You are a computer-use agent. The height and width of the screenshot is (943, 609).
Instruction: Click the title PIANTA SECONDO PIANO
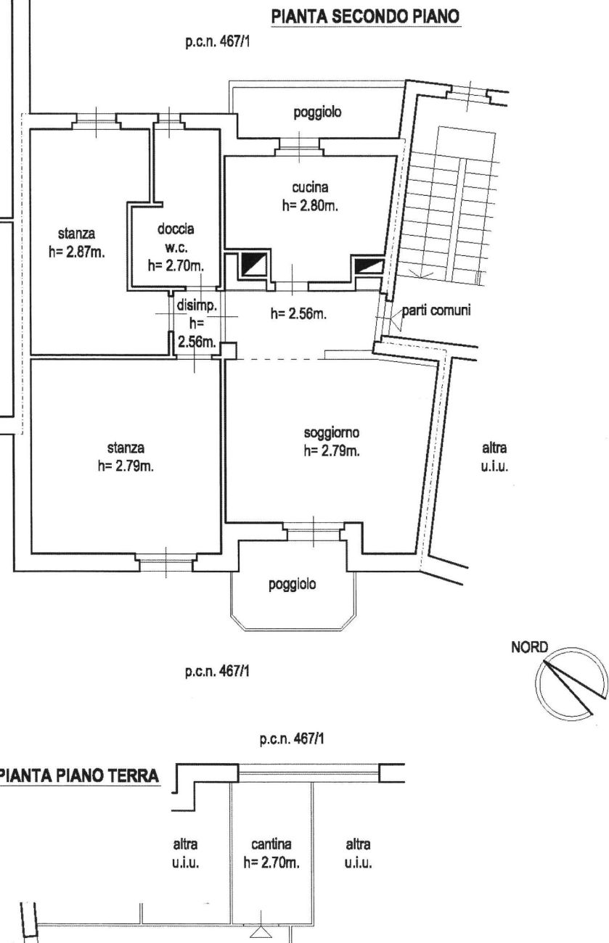(x=366, y=17)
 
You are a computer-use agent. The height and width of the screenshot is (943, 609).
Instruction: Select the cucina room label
(x=310, y=187)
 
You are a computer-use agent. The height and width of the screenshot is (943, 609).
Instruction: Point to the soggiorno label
(x=332, y=432)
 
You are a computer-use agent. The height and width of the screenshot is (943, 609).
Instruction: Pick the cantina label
(x=271, y=844)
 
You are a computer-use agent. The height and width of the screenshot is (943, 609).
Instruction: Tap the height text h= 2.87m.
(x=77, y=252)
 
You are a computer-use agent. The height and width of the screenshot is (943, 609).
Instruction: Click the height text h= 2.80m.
(x=310, y=206)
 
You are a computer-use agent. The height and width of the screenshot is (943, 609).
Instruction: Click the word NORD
(x=529, y=647)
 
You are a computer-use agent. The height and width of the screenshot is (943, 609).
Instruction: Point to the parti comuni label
(x=436, y=310)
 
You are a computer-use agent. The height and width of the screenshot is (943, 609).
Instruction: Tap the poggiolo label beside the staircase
(x=317, y=112)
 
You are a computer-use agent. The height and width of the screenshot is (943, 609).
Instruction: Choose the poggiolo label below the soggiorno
(x=293, y=585)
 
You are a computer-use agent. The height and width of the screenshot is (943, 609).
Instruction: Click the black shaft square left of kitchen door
(x=253, y=264)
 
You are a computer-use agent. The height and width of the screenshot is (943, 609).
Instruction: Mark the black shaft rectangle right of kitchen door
(x=369, y=266)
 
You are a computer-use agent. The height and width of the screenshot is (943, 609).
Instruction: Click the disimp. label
(x=196, y=305)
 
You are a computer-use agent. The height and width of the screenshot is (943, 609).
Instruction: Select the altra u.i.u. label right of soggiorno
(x=494, y=457)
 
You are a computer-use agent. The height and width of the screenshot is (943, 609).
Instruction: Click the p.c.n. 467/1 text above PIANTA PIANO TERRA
(x=292, y=739)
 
